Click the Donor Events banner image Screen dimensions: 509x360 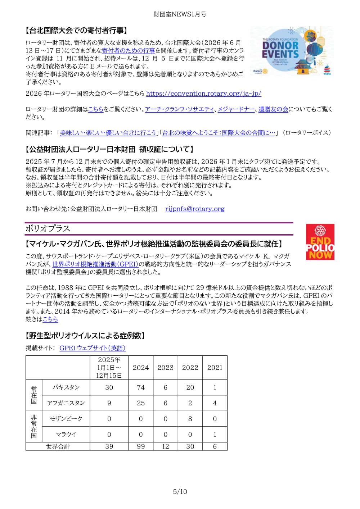(292, 51)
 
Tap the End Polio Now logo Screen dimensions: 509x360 (320, 242)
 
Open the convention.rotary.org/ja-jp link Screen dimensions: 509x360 (203, 94)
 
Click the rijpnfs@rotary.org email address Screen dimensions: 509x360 (195, 209)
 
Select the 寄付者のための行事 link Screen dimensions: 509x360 (129, 51)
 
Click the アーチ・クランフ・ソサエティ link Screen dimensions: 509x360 (179, 109)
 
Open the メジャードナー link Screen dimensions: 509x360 (236, 109)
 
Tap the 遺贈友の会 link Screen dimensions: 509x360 (273, 109)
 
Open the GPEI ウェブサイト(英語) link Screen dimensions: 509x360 (93, 348)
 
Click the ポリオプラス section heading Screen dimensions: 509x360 (48, 229)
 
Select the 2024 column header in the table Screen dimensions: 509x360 (141, 368)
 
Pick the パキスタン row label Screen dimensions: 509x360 (66, 387)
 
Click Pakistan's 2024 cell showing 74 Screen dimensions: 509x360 (141, 387)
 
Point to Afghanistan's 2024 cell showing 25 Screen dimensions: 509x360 (141, 403)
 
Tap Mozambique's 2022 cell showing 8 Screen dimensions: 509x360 (190, 419)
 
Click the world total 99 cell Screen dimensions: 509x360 (141, 446)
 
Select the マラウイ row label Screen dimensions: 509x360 (66, 435)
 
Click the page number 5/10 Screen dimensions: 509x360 (180, 492)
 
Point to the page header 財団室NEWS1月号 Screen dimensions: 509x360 (180, 14)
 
